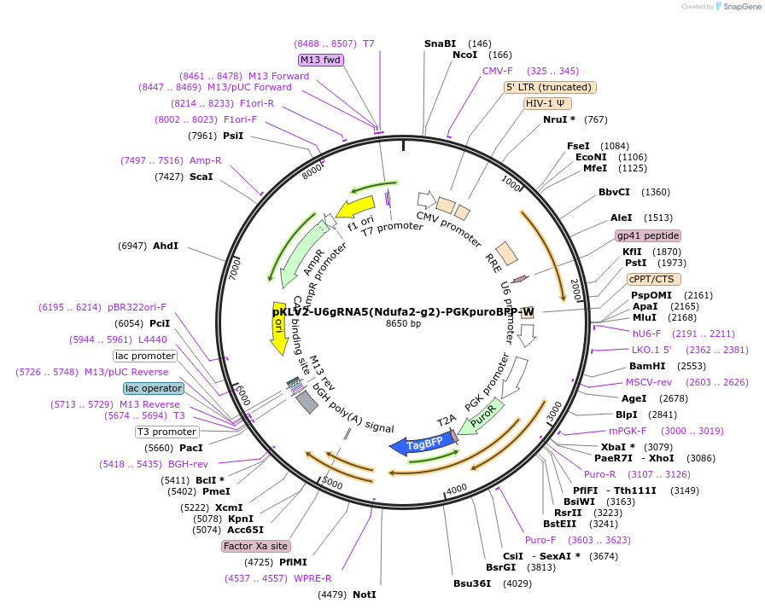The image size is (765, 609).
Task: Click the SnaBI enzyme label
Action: pos(441,43)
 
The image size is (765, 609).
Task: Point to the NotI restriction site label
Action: pos(365,594)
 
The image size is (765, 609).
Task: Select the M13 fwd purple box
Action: pos(321,60)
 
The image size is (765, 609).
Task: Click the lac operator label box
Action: pos(154,388)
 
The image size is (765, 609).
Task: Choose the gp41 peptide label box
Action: pos(648,235)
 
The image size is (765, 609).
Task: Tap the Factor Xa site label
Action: pos(255,546)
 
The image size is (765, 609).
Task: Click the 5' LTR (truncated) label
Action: pos(551,87)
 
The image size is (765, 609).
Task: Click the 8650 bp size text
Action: pos(403,324)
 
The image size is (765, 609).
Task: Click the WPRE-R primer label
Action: pos(312,578)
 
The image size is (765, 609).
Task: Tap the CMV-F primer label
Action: pos(498,71)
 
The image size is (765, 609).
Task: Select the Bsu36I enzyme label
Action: pos(473,583)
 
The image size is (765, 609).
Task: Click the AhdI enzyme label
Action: pos(166,246)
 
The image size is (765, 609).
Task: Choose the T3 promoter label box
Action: pos(167,432)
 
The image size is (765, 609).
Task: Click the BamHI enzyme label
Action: pos(646,366)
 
